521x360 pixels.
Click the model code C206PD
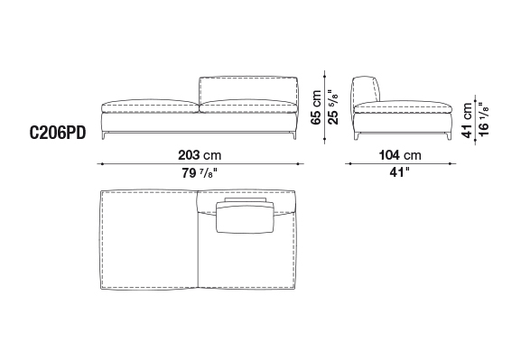tap(58, 134)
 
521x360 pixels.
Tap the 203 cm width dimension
tap(200, 155)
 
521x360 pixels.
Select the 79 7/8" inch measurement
tap(200, 173)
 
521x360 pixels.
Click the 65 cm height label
tap(316, 107)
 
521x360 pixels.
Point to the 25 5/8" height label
tap(332, 107)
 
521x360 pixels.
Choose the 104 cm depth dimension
tap(400, 155)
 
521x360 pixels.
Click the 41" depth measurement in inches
tap(400, 172)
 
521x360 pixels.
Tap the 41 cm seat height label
tap(467, 120)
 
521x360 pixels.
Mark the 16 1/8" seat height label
tap(483, 119)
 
